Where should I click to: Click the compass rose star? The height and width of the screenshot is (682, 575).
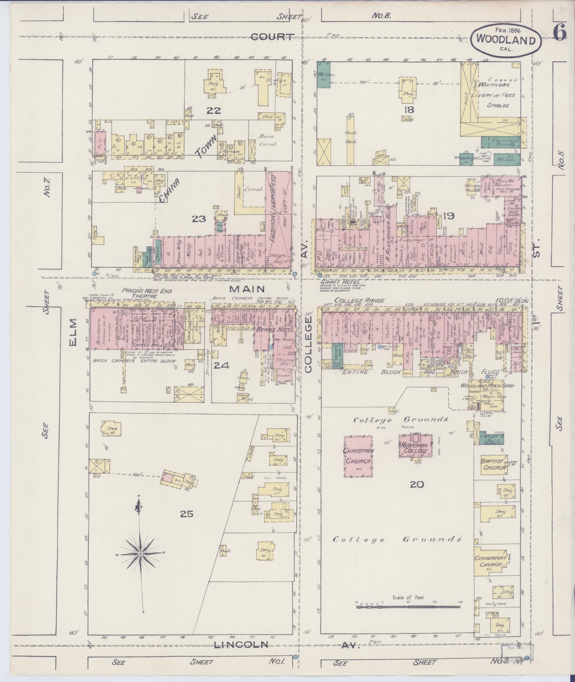pyautogui.click(x=140, y=564)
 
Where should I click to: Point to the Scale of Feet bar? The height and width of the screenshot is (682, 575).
pyautogui.click(x=408, y=606)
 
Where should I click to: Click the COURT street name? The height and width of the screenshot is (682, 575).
pyautogui.click(x=272, y=36)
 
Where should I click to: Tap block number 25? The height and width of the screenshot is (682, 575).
pyautogui.click(x=186, y=514)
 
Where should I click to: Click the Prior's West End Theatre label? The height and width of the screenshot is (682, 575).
pyautogui.click(x=146, y=293)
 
